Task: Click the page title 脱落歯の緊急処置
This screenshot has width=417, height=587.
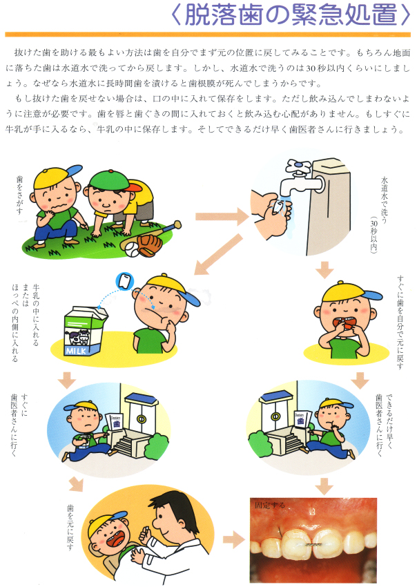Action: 291,15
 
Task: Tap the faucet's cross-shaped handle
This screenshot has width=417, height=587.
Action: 299,167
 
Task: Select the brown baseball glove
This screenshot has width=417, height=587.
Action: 150,245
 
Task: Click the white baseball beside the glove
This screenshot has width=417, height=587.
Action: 132,249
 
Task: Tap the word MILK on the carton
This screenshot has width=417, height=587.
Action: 76,351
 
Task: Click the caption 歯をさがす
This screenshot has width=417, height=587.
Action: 19,195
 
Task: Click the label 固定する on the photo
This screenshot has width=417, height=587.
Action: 270,505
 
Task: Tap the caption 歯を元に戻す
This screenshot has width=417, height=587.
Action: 70,527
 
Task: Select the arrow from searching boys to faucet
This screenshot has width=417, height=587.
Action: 222,217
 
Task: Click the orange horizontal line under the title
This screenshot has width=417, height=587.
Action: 208,35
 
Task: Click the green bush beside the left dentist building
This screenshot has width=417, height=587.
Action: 156,445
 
